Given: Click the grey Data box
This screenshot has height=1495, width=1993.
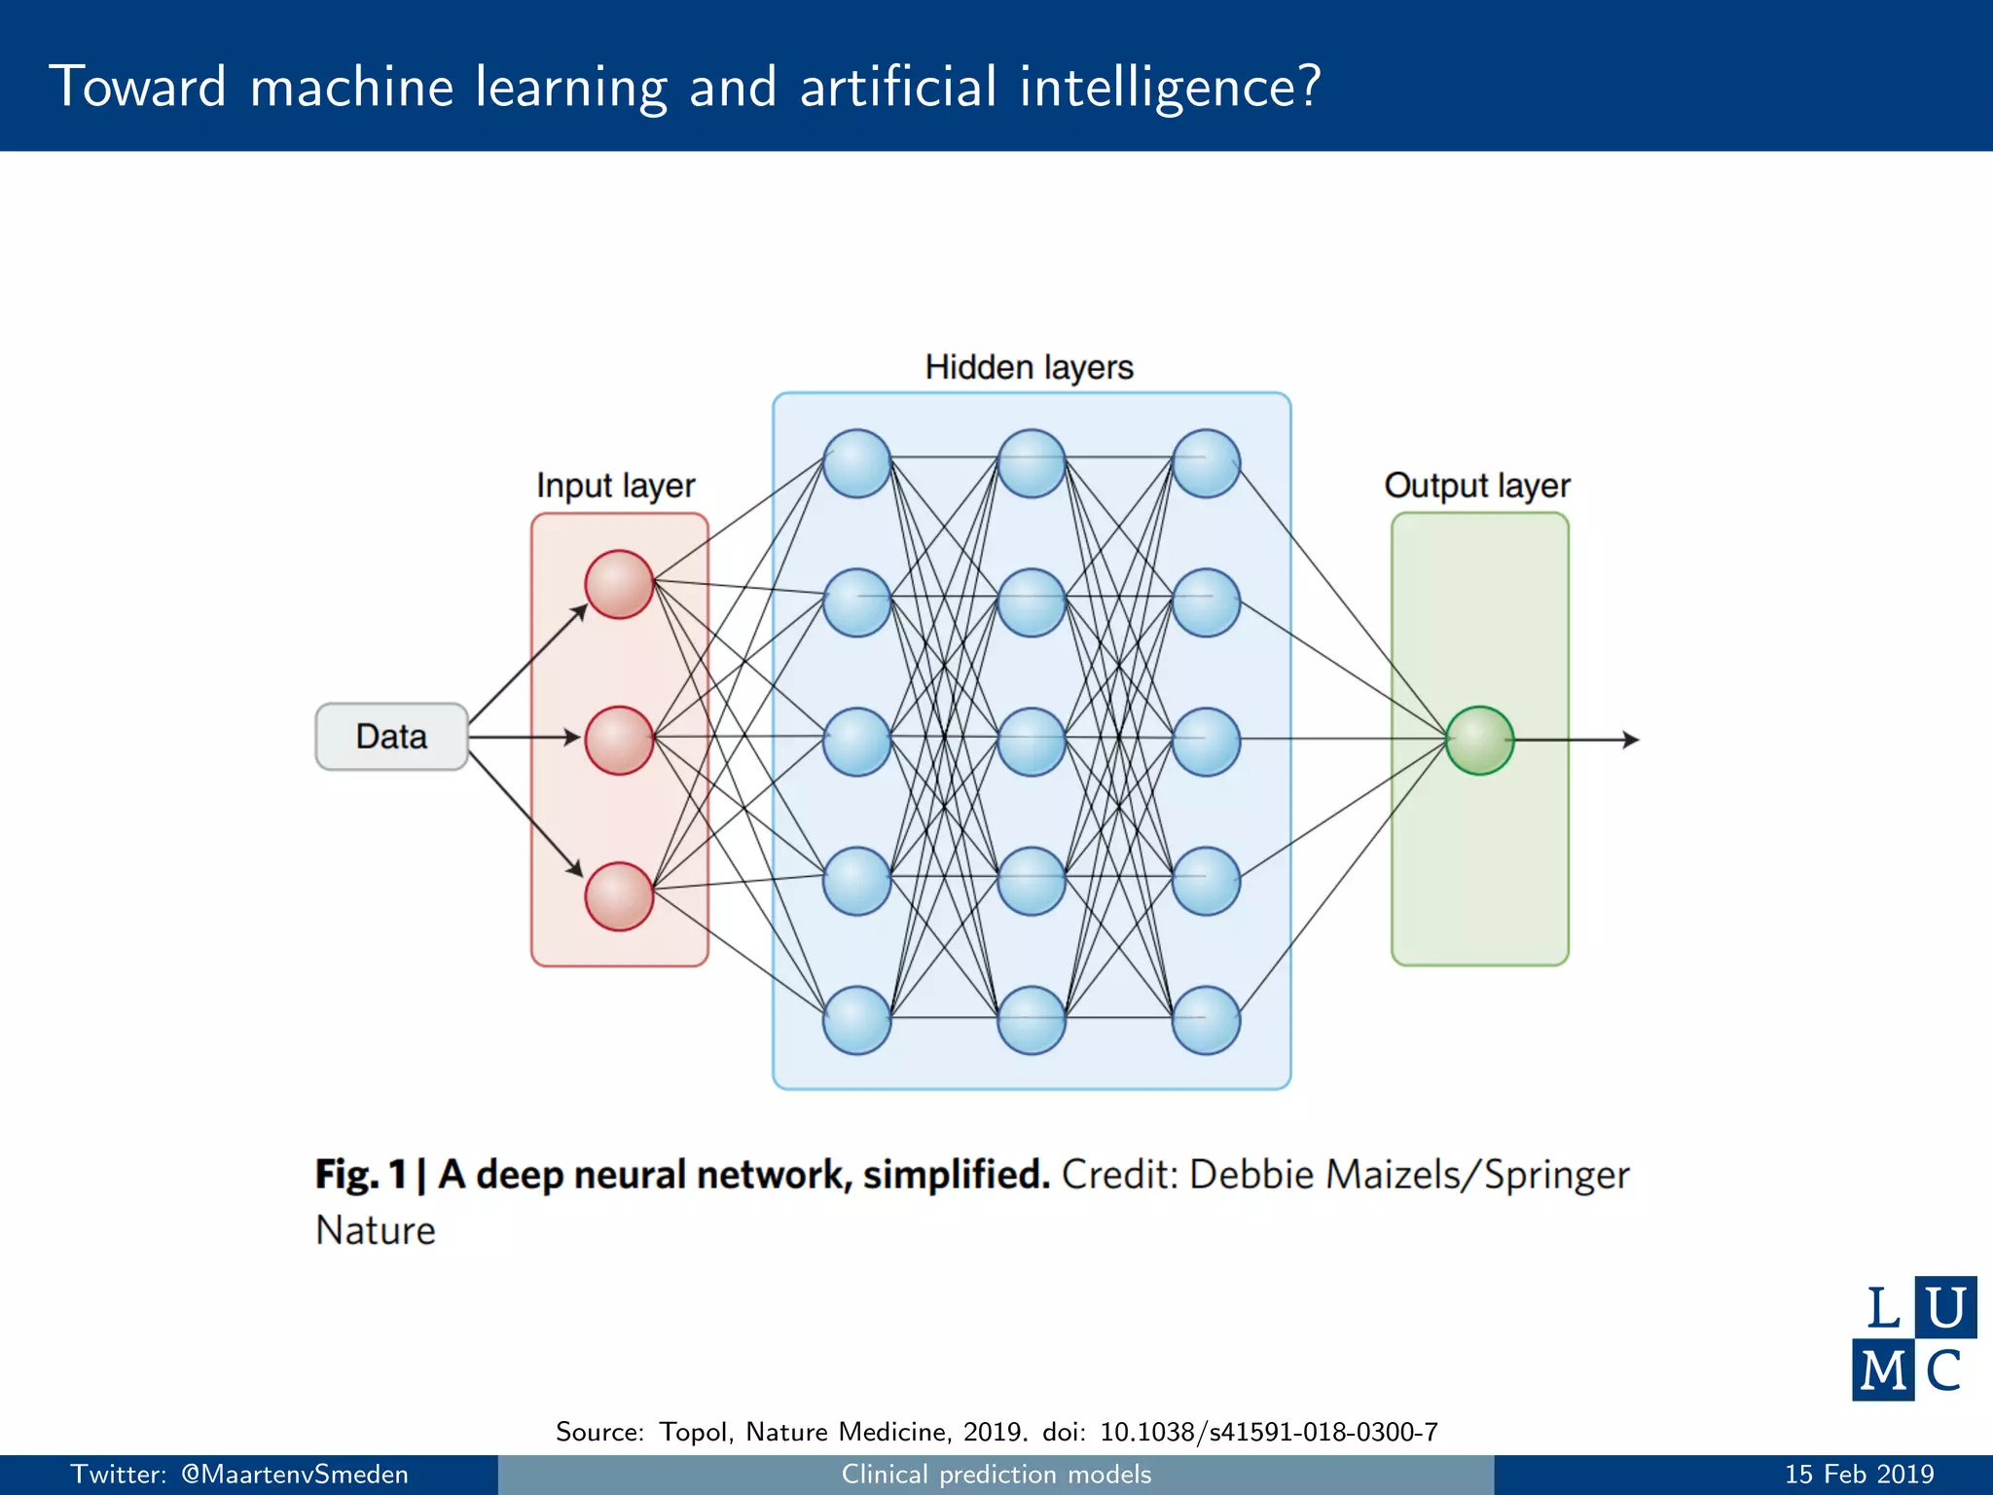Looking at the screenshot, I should tap(391, 737).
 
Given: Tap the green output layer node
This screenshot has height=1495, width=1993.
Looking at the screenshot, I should tap(1479, 740).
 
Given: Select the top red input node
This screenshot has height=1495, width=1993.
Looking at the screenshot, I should tap(619, 584).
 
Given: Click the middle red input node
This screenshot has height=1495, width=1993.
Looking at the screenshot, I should tap(619, 740).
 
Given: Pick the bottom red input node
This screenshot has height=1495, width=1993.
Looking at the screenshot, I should tap(619, 895).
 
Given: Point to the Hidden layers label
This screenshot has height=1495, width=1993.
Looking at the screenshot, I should tap(1029, 368).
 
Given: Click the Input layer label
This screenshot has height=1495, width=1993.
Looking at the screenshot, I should tap(615, 486).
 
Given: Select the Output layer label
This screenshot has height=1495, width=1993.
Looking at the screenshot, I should tap(1476, 486).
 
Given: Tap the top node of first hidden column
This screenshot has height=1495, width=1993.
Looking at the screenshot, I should tap(856, 463).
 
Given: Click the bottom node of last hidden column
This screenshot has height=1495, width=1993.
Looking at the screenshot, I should tap(1206, 1020).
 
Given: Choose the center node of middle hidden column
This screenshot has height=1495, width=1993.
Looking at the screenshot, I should tap(1032, 742).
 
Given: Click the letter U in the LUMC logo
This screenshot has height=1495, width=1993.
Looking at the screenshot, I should tap(1944, 1307).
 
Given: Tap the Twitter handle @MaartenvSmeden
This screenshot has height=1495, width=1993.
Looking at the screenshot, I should tap(295, 1475).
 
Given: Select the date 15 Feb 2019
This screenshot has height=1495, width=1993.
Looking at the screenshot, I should tap(1859, 1475).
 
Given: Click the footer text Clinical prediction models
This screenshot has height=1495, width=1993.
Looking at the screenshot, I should tap(996, 1475).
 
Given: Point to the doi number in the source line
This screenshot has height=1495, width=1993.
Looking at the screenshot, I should tap(1268, 1432).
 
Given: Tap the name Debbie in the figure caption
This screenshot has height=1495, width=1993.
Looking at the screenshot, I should tap(1251, 1175).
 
